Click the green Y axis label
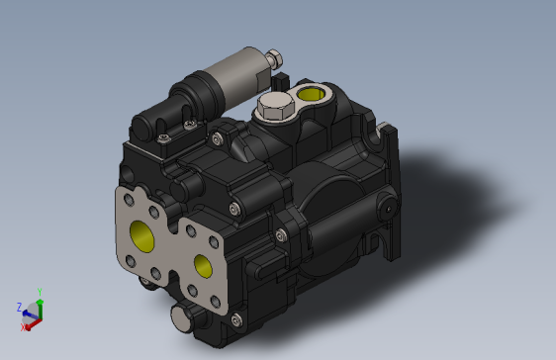pyautogui.click(x=40, y=292)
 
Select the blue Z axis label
pyautogui.click(x=19, y=307)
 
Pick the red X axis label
pyautogui.click(x=24, y=325)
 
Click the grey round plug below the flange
pyautogui.click(x=184, y=317)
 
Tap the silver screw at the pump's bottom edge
pyautogui.click(x=234, y=319)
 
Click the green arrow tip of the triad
pyautogui.click(x=40, y=301)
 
